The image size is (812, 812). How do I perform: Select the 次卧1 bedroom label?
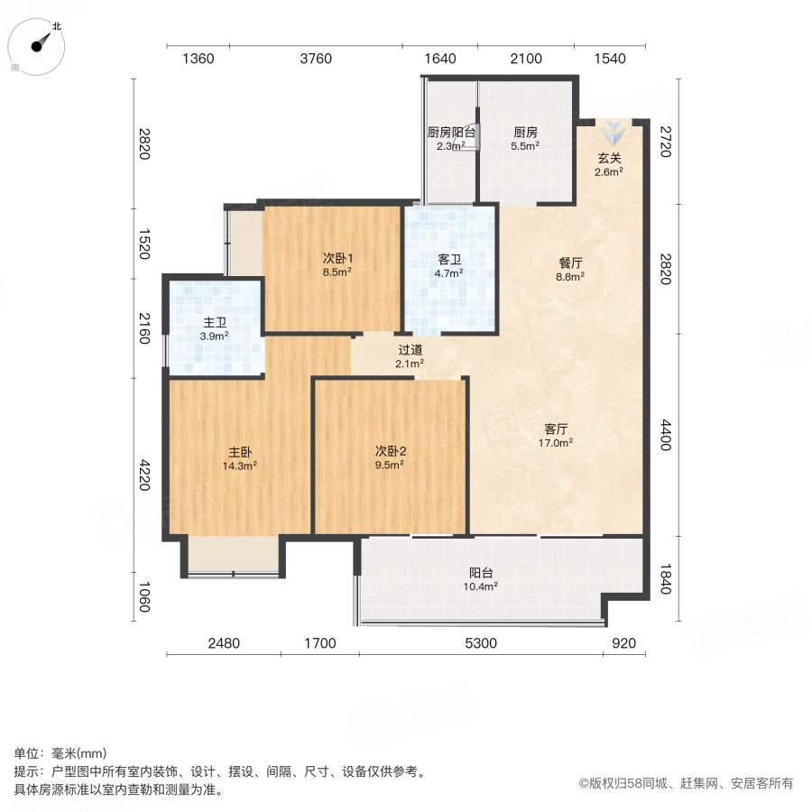[337, 257]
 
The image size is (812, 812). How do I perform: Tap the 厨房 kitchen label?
[525, 132]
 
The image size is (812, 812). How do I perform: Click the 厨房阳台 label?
[451, 132]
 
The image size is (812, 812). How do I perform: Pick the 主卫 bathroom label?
[215, 322]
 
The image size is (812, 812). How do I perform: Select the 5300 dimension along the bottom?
[479, 643]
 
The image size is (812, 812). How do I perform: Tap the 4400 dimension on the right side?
[667, 433]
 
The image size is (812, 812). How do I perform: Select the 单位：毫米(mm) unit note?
[60, 754]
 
